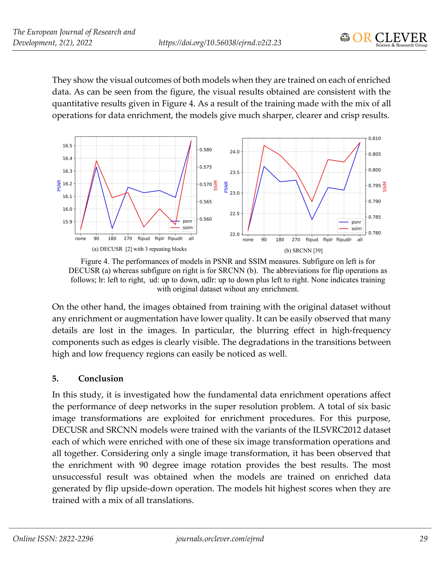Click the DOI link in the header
(x=220, y=43)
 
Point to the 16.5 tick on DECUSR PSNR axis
(x=67, y=146)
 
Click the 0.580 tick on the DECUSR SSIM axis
(x=205, y=150)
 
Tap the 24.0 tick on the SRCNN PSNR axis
(x=235, y=152)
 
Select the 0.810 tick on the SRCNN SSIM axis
(x=374, y=138)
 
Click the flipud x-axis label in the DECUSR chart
(x=144, y=239)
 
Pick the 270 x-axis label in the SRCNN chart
(x=296, y=240)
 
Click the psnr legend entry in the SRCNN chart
(x=356, y=222)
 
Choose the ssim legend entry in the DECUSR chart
(x=187, y=228)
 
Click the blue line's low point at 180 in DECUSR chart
(x=112, y=228)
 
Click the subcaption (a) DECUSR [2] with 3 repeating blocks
(x=139, y=249)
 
